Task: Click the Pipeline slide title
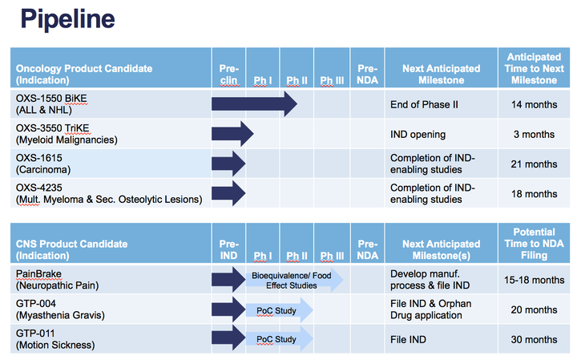coord(67,19)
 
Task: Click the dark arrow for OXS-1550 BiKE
coord(253,103)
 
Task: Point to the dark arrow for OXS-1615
coord(228,164)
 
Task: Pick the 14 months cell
coord(534,104)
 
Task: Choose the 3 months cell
coord(534,134)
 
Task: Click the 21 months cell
coord(534,164)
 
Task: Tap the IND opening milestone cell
coord(418,134)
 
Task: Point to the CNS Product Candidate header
coord(72,249)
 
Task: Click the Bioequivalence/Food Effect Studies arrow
coord(293,280)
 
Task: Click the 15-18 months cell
coord(534,280)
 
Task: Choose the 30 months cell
coord(534,340)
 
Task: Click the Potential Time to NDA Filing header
coord(534,244)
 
